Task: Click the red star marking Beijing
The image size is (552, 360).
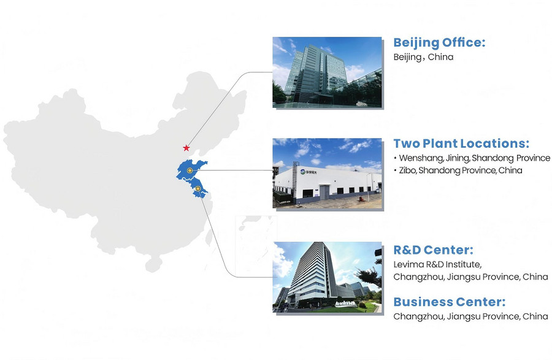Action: tap(186, 148)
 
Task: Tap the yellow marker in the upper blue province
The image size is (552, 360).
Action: tap(190, 170)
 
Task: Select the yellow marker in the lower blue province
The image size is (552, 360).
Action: tap(198, 189)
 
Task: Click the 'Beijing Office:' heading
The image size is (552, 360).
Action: tap(439, 43)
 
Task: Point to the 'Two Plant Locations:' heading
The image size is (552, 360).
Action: tap(461, 144)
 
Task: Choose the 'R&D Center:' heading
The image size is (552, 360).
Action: tap(433, 250)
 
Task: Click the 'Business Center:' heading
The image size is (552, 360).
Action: tap(449, 302)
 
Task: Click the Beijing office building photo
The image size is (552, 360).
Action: tap(327, 72)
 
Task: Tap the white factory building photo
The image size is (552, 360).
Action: tap(327, 173)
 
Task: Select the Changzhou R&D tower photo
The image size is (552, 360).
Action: tap(327, 277)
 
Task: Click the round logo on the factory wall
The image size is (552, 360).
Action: tap(302, 172)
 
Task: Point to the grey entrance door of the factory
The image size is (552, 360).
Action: tap(324, 192)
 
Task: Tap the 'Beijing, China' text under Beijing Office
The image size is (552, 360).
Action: tap(423, 57)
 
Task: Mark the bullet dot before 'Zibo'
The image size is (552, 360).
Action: tap(396, 170)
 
